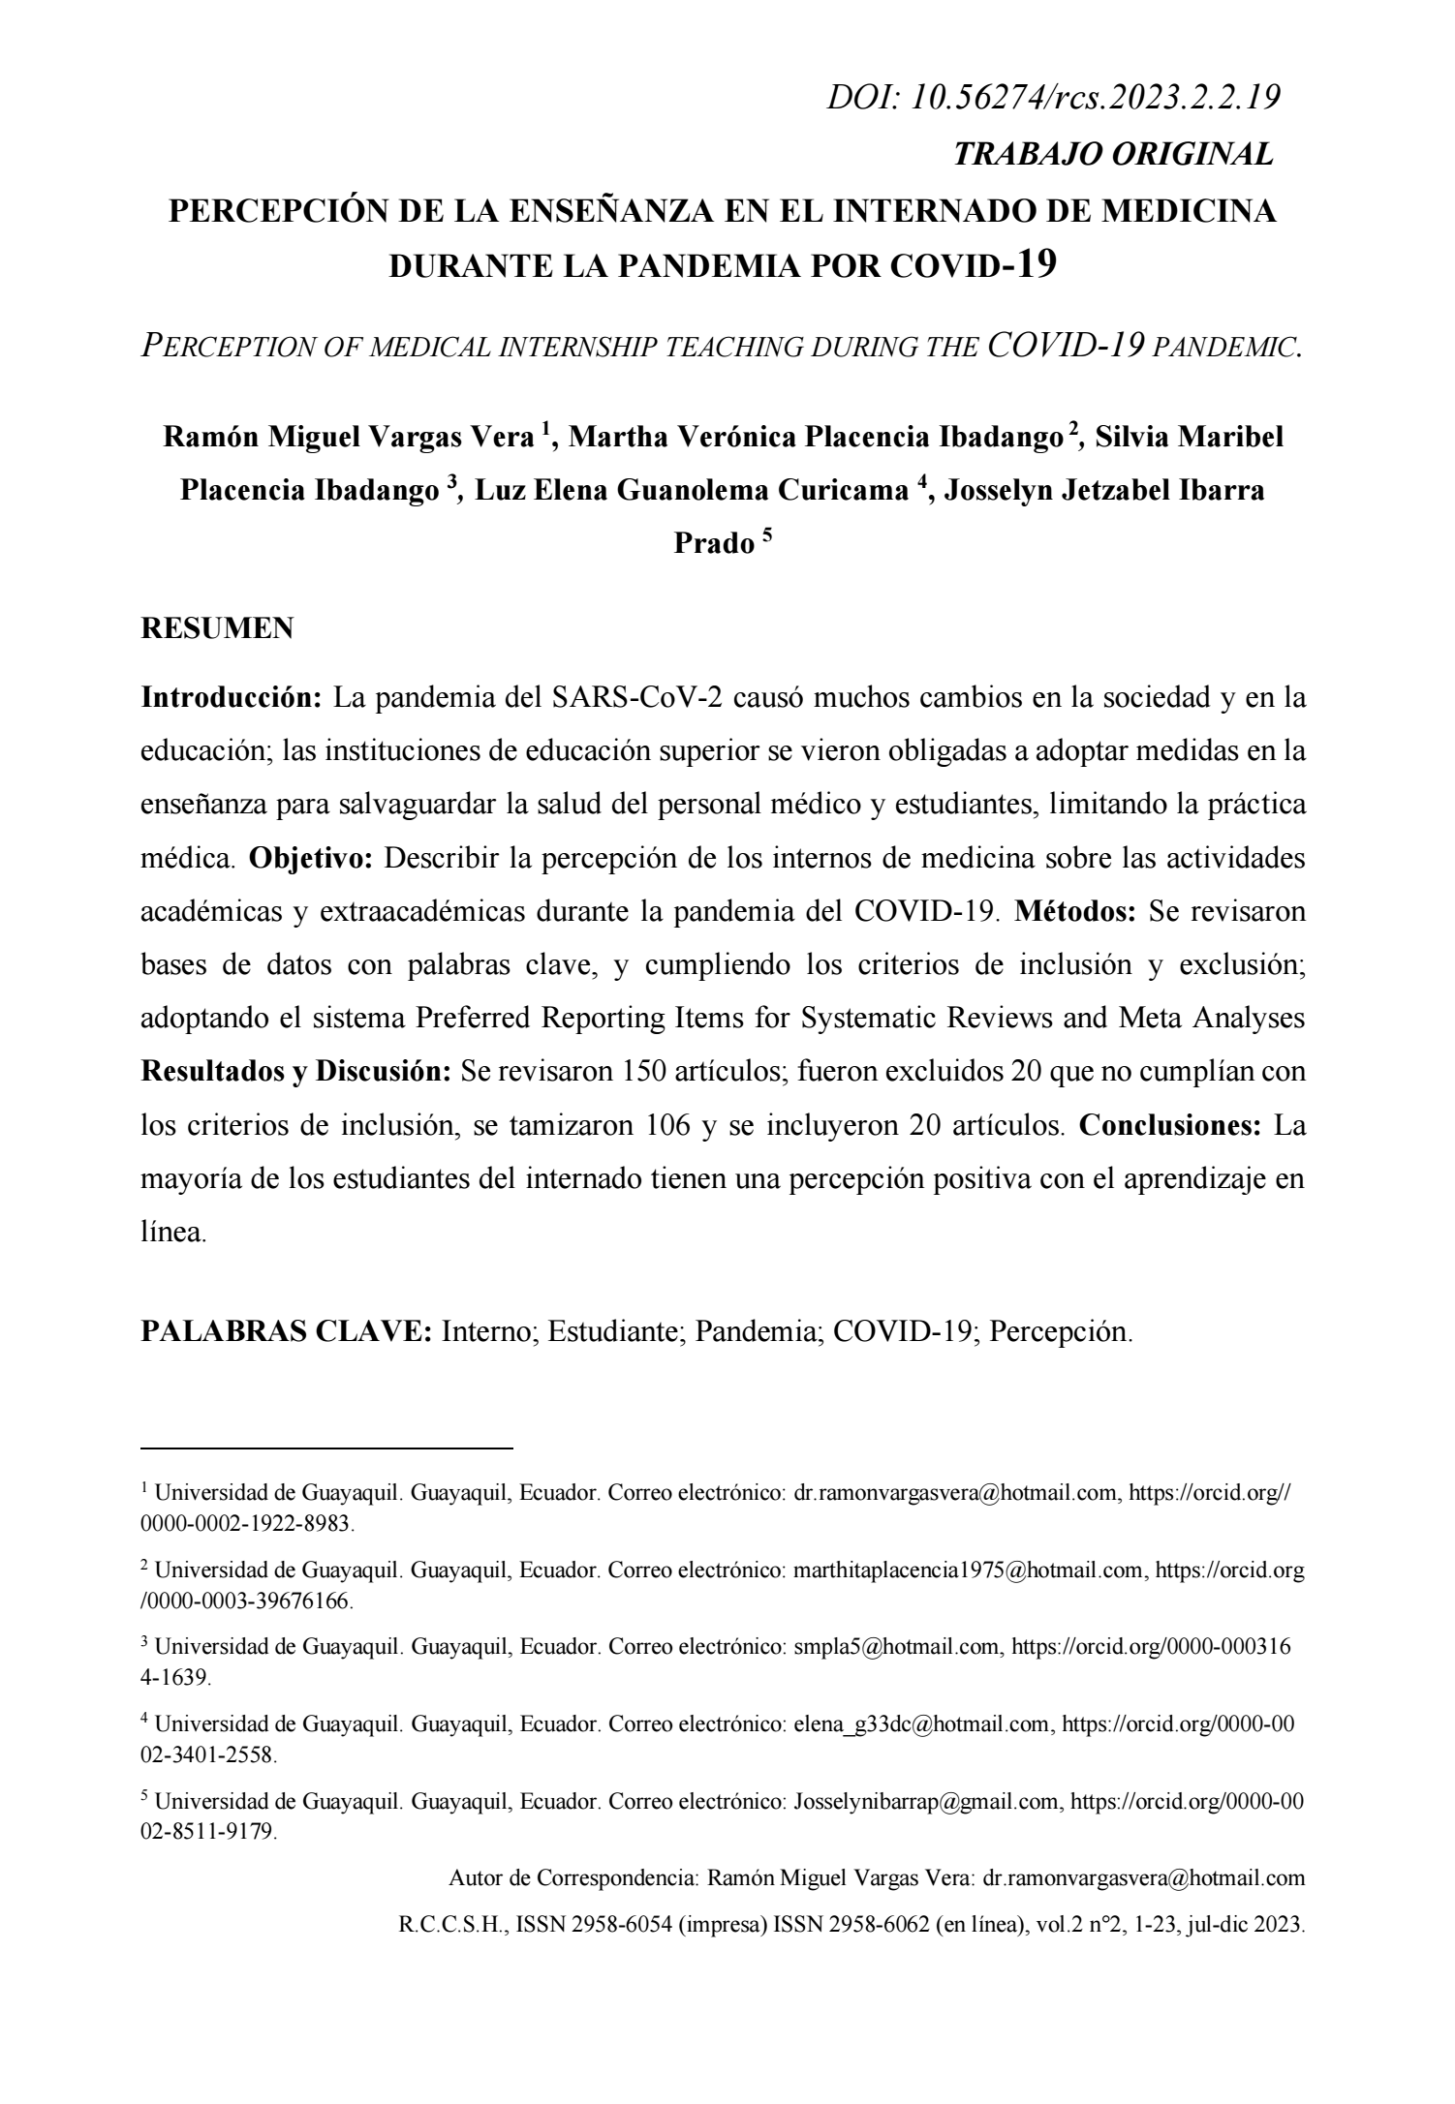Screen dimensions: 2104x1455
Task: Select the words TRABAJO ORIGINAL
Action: click(x=1114, y=154)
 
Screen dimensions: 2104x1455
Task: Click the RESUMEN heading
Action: click(x=217, y=629)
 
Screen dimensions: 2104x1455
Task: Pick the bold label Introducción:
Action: click(x=232, y=698)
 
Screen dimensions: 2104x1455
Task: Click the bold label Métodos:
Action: click(x=1075, y=912)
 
